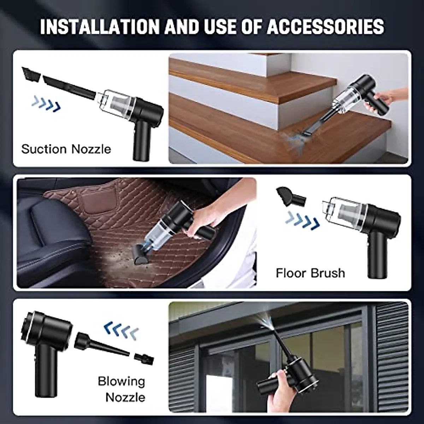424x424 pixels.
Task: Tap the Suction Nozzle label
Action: point(66,149)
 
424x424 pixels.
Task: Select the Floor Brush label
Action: point(310,273)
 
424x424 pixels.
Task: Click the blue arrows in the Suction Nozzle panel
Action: point(46,104)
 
